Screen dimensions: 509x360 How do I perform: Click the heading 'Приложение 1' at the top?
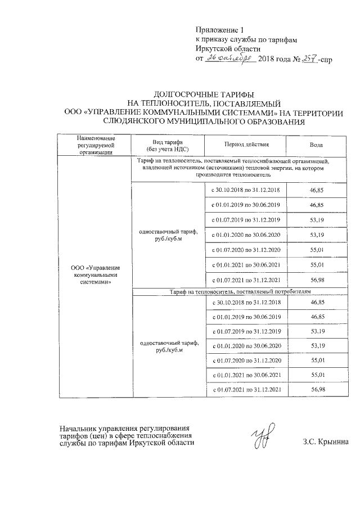[x=220, y=29]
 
